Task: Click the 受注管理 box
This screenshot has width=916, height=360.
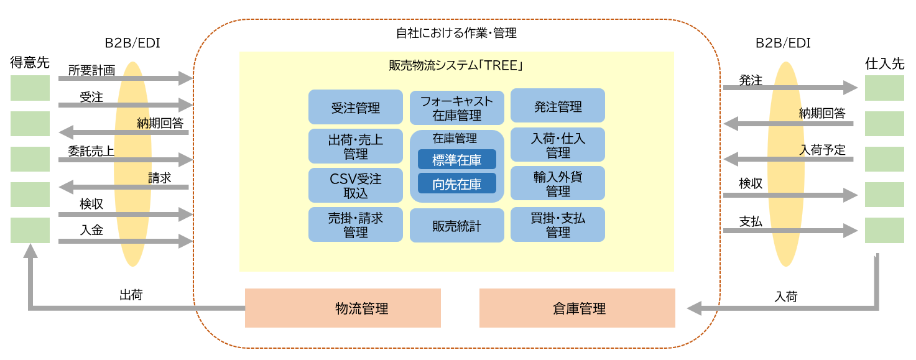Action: click(355, 107)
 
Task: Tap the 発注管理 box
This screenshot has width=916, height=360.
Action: click(557, 106)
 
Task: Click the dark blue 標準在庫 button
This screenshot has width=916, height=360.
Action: click(456, 160)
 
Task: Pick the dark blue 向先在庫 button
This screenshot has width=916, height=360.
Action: click(456, 183)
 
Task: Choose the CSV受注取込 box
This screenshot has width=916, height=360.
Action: click(355, 185)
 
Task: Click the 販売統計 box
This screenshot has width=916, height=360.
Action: click(456, 226)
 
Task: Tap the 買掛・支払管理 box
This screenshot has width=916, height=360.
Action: click(557, 224)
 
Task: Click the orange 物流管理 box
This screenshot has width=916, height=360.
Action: click(343, 308)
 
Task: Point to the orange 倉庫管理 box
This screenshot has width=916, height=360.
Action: click(577, 308)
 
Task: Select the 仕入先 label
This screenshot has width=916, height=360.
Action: click(884, 63)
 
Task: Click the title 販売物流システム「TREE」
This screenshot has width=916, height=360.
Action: click(456, 65)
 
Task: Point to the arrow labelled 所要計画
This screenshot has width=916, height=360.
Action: click(124, 79)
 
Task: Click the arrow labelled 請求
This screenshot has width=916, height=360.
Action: click(124, 187)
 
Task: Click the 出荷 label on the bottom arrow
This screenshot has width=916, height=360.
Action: click(131, 295)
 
